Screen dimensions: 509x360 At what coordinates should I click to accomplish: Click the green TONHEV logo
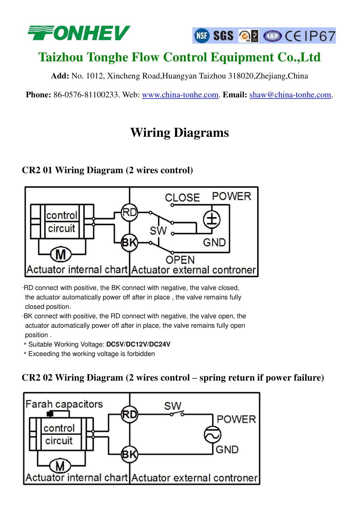pyautogui.click(x=79, y=33)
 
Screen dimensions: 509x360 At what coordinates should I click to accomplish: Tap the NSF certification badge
pyautogui.click(x=202, y=36)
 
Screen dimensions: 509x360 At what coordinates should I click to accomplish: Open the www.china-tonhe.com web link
pyautogui.click(x=180, y=95)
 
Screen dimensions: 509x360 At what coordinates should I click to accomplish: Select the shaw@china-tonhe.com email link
pyautogui.click(x=290, y=95)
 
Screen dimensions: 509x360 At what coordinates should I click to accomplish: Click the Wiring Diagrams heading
pyautogui.click(x=179, y=132)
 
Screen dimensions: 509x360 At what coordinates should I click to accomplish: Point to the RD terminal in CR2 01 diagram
pyautogui.click(x=129, y=212)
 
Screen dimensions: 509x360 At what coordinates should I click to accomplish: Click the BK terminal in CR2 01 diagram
pyautogui.click(x=129, y=242)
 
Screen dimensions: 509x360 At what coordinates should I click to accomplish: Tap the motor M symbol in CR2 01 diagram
pyautogui.click(x=60, y=254)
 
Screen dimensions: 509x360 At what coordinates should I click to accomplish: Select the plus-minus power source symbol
pyautogui.click(x=212, y=219)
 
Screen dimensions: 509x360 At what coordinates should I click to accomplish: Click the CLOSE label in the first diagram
pyautogui.click(x=182, y=197)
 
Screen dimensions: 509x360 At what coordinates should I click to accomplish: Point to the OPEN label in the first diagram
pyautogui.click(x=180, y=260)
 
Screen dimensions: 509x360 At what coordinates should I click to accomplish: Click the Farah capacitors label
pyautogui.click(x=64, y=404)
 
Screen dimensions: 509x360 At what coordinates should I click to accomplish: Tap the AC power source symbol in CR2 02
pyautogui.click(x=212, y=435)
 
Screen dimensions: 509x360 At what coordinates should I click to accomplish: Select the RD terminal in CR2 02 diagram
pyautogui.click(x=129, y=415)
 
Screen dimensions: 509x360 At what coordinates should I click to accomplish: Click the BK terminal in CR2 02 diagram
pyautogui.click(x=129, y=454)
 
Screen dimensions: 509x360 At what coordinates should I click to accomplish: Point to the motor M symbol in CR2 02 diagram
pyautogui.click(x=60, y=466)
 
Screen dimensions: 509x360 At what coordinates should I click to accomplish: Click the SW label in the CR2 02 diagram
pyautogui.click(x=173, y=406)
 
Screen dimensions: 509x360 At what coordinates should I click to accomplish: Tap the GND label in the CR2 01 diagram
pyautogui.click(x=214, y=242)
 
